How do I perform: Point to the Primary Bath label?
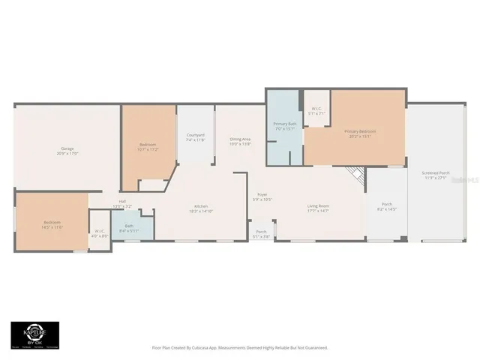point(284,125)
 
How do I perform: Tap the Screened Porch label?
point(435,175)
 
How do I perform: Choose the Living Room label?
point(318,208)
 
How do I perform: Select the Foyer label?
point(262,196)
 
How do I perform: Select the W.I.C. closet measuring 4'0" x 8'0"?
point(100,233)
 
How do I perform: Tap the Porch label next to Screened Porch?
point(387,205)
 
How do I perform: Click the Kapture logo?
point(34,335)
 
